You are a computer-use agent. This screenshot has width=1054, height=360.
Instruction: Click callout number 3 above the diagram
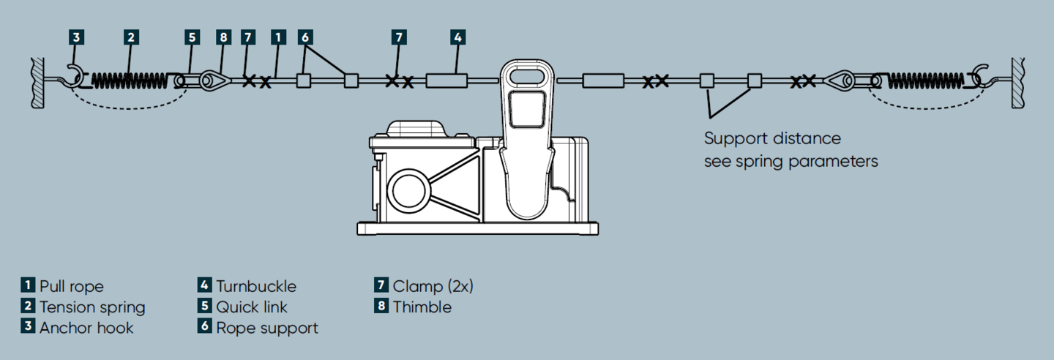[x=76, y=37]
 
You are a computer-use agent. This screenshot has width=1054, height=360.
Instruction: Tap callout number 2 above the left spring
[x=130, y=37]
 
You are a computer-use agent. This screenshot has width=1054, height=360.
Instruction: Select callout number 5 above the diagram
[x=192, y=37]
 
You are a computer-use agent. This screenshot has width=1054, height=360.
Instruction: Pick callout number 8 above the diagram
[x=223, y=37]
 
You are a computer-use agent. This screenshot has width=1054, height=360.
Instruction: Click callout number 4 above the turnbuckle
[x=457, y=37]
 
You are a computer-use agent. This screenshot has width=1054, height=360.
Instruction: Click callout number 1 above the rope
[x=277, y=37]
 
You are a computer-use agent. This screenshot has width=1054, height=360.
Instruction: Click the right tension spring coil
[x=926, y=80]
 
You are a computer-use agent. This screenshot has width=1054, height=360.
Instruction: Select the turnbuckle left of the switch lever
[x=446, y=80]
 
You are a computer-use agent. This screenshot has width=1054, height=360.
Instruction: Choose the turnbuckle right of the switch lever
[x=602, y=80]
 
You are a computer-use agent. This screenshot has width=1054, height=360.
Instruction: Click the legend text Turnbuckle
[x=256, y=286]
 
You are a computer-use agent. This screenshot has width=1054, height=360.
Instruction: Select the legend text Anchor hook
[x=86, y=327]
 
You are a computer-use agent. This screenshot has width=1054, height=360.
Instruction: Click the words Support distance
[x=772, y=138]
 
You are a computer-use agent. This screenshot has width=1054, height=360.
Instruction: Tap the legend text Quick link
[x=252, y=307]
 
